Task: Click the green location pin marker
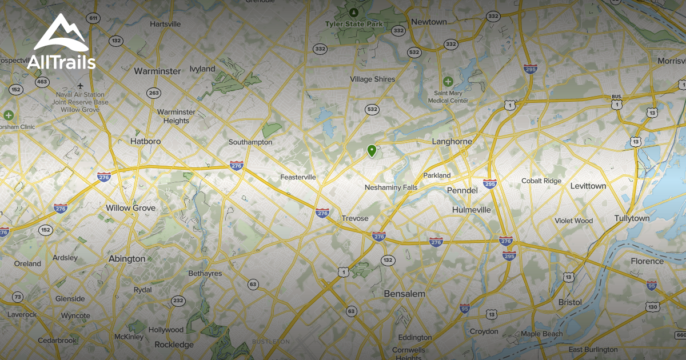[372, 151]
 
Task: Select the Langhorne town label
[452, 142]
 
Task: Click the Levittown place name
[587, 186]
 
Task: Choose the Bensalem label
[404, 294]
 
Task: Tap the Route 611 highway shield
[93, 18]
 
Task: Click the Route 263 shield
[153, 93]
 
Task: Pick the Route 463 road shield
[42, 82]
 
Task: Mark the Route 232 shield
[178, 301]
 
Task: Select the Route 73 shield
[18, 297]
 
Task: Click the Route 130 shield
[653, 307]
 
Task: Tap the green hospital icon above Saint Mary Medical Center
[448, 82]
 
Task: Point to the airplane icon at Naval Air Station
[80, 86]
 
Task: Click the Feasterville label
[298, 177]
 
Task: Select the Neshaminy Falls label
[391, 187]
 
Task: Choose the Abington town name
[127, 259]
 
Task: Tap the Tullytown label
[632, 218]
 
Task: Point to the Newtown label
[429, 22]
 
